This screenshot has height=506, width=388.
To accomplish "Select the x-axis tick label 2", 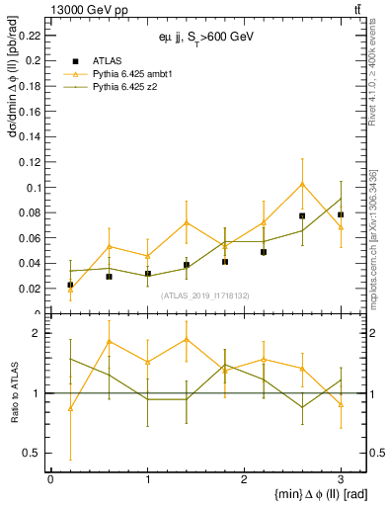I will click(244, 478).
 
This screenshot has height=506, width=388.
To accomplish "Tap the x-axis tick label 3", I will click(341, 478).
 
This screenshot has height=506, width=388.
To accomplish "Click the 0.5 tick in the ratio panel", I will click(33, 453).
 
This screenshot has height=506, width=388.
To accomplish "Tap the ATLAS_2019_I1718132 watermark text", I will click(205, 295).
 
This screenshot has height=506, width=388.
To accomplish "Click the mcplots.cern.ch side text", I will click(379, 247).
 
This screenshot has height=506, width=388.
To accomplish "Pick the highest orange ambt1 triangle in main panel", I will click(302, 183).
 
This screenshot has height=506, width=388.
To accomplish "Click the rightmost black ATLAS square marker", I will click(341, 214).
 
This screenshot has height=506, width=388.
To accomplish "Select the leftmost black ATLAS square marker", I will click(70, 285).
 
